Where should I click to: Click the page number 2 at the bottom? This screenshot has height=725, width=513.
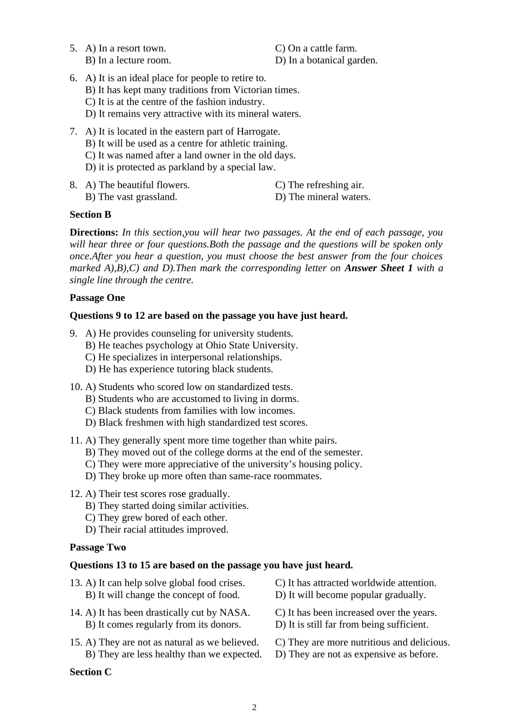pos(254,707)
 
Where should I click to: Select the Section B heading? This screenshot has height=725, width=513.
pos(90,214)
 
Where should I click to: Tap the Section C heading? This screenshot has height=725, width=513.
pos(90,672)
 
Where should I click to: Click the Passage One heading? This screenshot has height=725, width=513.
pos(97,298)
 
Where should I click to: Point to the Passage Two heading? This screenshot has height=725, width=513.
pos(98,547)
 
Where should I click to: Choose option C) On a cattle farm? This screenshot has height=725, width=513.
pos(316,48)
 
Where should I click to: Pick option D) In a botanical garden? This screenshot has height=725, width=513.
pos(326,60)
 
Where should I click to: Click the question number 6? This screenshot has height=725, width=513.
pos(73,78)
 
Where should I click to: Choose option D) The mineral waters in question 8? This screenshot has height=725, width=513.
pos(323,197)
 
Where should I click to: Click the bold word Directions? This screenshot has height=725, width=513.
pos(94,232)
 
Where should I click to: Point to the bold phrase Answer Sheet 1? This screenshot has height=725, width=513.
pos(379,268)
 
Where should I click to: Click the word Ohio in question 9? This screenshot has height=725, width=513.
pos(217,345)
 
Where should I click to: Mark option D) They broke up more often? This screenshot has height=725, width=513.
pos(204,476)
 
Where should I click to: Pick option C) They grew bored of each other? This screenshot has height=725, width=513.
pos(156,518)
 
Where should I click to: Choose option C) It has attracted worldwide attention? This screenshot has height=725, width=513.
pos(356,583)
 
